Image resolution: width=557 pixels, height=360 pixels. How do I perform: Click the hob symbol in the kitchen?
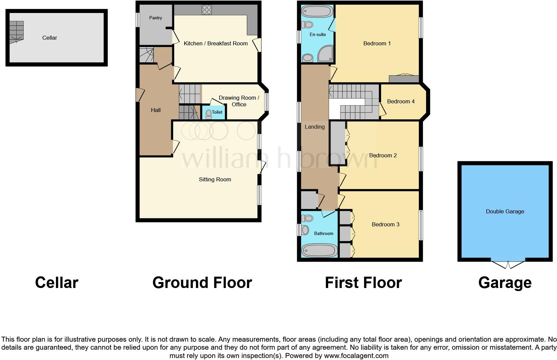(207, 10)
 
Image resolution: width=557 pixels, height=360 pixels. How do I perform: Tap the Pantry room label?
(156, 18)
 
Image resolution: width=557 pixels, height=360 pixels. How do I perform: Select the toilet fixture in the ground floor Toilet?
(209, 114)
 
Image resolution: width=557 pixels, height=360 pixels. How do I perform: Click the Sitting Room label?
(215, 179)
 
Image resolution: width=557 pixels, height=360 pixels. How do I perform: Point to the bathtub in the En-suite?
(317, 11)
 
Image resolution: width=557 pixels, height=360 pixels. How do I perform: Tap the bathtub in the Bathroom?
(319, 250)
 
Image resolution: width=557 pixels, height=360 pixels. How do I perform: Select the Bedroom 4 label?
(401, 101)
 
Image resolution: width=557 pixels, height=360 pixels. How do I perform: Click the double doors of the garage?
(508, 263)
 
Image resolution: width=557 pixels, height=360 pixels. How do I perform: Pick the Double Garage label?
(505, 211)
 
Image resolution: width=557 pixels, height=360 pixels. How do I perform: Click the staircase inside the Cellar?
(16, 32)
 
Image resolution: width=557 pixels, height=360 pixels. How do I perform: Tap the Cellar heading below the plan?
(57, 283)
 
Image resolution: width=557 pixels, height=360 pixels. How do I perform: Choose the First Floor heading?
(363, 283)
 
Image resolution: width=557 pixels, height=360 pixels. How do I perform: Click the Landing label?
(315, 127)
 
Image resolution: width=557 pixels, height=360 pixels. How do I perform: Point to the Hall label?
(156, 110)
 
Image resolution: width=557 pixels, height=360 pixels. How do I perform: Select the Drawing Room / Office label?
(239, 101)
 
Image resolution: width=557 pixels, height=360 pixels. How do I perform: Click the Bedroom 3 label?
(385, 224)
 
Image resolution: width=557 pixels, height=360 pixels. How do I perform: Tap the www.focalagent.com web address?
(356, 356)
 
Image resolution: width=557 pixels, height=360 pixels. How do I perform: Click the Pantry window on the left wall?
(138, 20)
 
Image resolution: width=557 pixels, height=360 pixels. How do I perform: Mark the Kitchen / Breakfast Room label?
(216, 44)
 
